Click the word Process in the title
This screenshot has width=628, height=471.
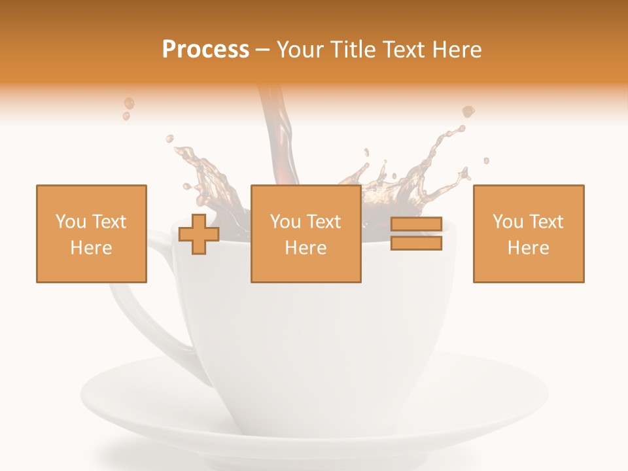(x=205, y=50)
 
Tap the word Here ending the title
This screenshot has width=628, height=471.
(x=456, y=50)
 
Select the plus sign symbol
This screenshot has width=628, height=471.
(x=199, y=234)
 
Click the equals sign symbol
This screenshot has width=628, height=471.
(x=416, y=234)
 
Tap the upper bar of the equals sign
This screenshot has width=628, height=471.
(x=416, y=224)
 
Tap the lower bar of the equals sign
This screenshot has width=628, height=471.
(x=416, y=243)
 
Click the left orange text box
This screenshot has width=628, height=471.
(x=92, y=234)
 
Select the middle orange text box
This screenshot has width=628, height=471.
(x=305, y=234)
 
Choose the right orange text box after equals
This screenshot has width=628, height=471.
(x=528, y=234)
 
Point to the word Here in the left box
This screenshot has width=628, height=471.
(x=91, y=248)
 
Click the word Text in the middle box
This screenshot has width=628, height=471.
(x=324, y=222)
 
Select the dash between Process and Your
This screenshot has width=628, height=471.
(x=263, y=50)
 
